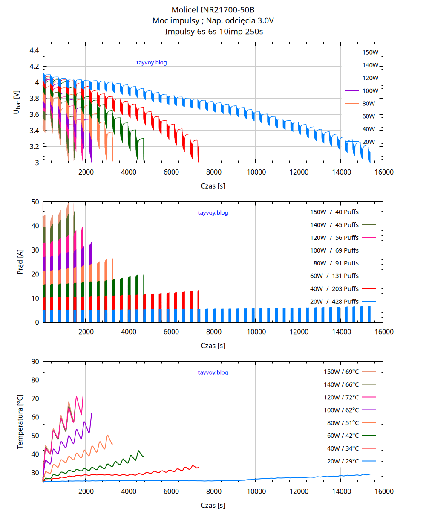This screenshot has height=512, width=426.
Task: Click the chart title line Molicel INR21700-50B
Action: pos(213,9)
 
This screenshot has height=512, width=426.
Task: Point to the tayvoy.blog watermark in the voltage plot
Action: pos(152,62)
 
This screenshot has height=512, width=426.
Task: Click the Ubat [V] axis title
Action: pos(17,102)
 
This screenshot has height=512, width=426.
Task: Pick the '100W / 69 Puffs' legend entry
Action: pos(334,250)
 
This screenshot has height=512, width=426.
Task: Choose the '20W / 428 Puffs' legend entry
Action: pos(334,301)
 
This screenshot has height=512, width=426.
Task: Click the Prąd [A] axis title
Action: pos(20,262)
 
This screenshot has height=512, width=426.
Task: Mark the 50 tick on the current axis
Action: pos(35,202)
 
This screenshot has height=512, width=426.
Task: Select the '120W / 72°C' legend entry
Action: pos(341,397)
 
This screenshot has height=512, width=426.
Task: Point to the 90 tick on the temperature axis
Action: pos(35,361)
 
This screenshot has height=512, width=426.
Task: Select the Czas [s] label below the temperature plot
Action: pos(213,506)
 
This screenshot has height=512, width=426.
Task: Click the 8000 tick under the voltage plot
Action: pos(213,172)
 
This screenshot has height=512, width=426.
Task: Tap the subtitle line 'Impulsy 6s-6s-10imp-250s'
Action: pos(213,31)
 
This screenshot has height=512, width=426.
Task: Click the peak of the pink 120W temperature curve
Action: pos(83,396)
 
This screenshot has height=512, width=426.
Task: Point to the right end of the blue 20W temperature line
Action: pos(370,474)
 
